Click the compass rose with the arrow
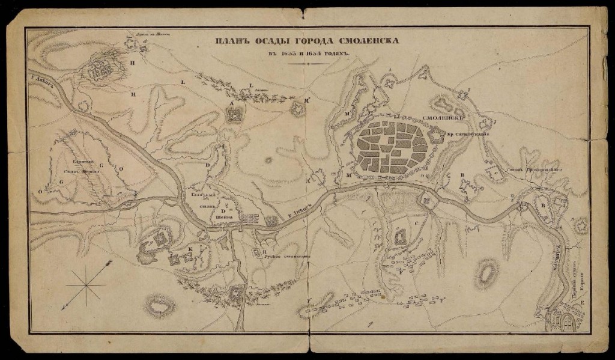[x=88, y=284]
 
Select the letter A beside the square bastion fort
[x=230, y=103]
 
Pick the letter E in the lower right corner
[x=581, y=305]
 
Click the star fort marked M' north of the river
[x=297, y=108]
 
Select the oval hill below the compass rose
[x=159, y=306]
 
